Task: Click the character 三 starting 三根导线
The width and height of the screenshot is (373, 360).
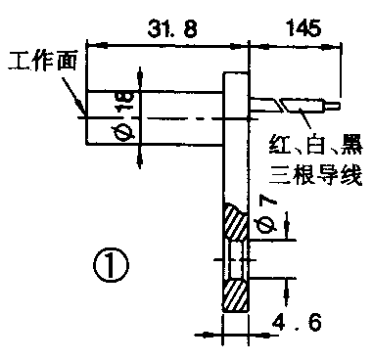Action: [x=280, y=176]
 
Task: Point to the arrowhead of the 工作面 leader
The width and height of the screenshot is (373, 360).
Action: [x=83, y=114]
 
